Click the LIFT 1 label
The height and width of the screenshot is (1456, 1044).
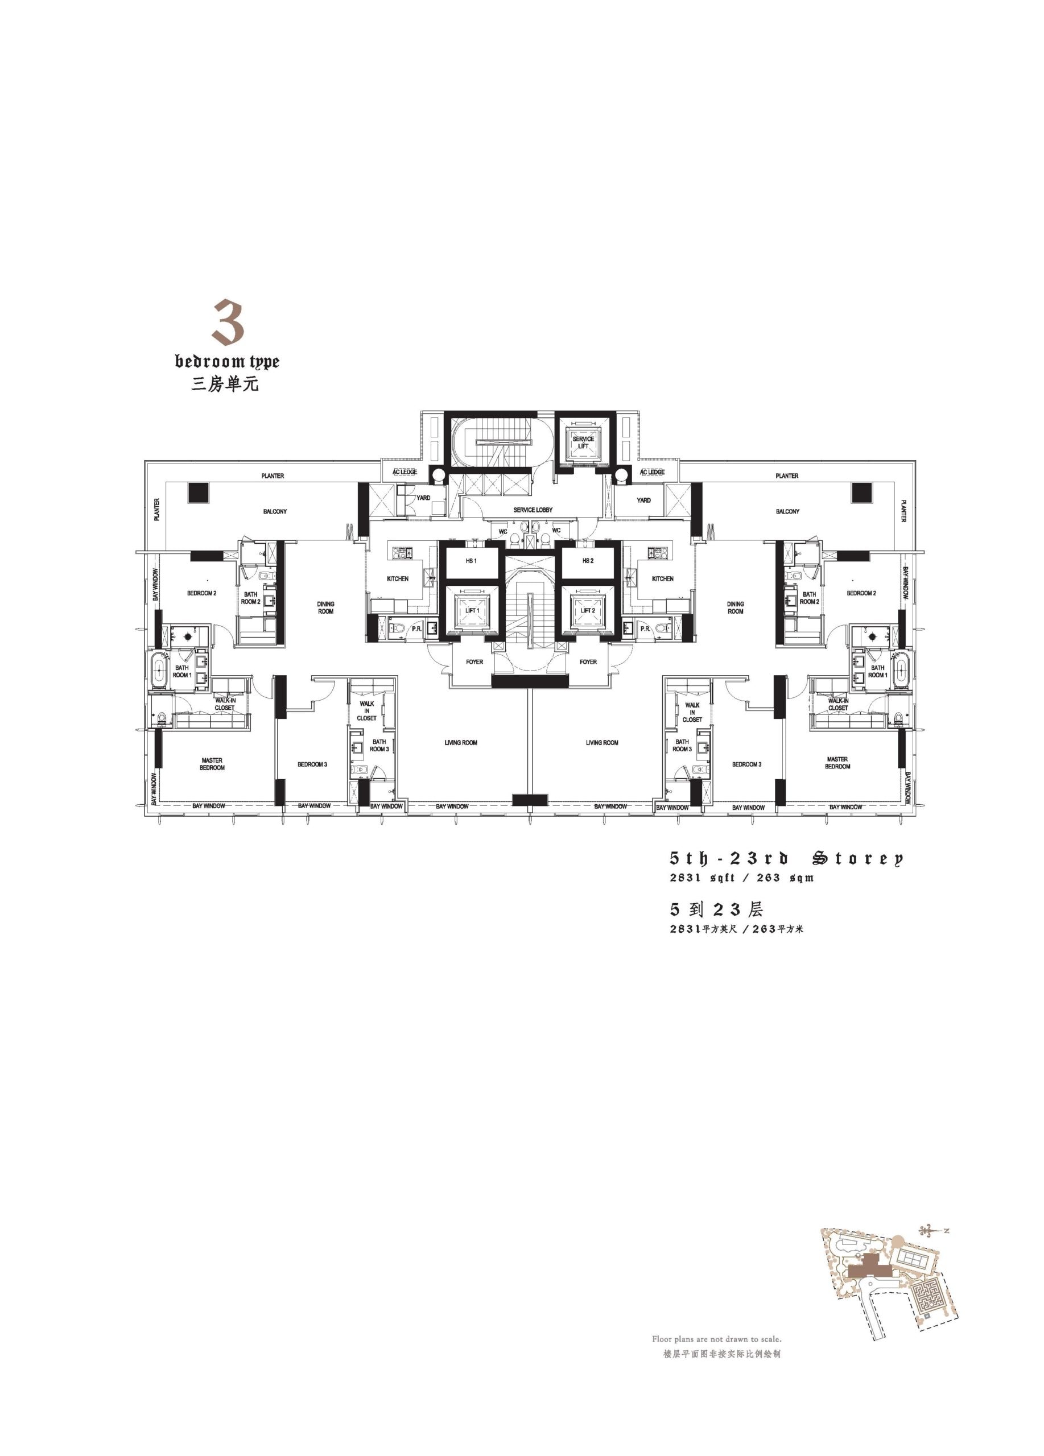[471, 610]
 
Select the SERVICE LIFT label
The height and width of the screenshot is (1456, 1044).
[583, 442]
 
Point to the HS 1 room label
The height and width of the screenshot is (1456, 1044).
[471, 560]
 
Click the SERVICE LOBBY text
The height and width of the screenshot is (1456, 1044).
[533, 510]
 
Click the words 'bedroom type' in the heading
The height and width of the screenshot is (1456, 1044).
[228, 361]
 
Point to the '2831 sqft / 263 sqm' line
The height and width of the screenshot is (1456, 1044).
[741, 878]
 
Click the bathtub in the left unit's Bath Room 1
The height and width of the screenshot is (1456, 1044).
[159, 669]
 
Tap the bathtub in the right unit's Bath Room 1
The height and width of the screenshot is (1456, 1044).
[899, 669]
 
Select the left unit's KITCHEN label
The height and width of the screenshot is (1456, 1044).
[398, 578]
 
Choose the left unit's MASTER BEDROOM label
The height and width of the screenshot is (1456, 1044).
[212, 764]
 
